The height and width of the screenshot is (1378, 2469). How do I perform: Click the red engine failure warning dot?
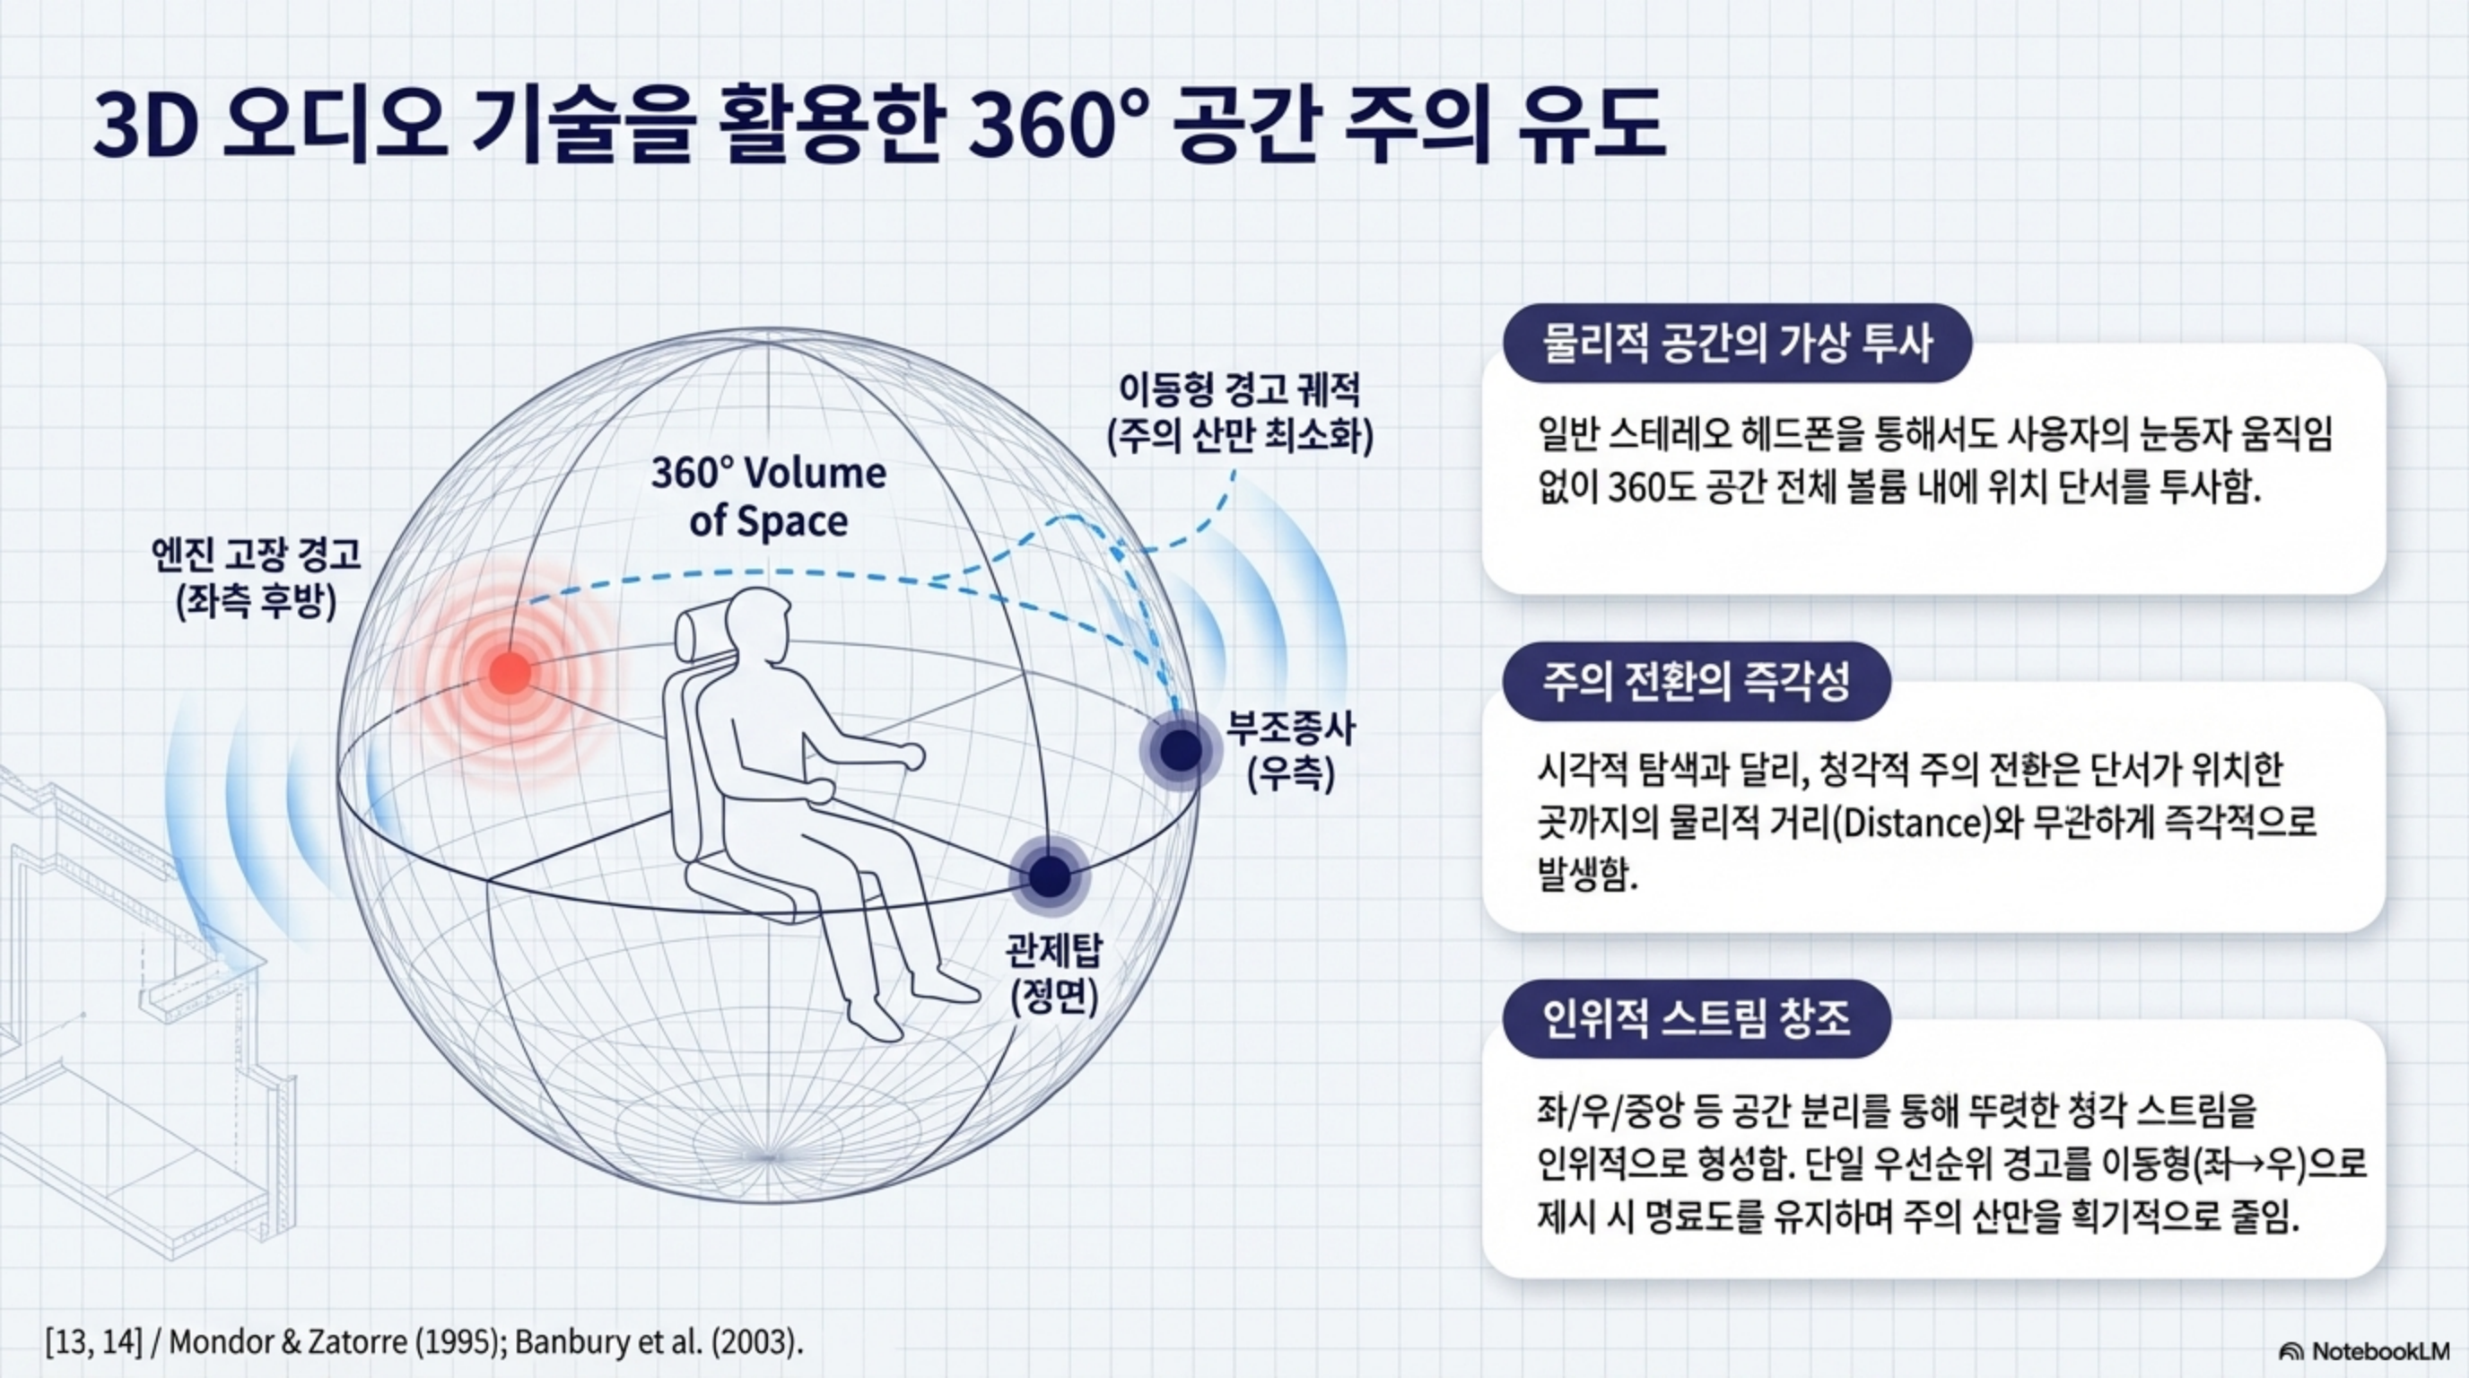509,672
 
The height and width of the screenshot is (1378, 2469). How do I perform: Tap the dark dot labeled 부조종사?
1181,749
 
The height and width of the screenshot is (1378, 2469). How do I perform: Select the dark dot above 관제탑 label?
1050,875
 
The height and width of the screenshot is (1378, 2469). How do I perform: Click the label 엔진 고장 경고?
256,554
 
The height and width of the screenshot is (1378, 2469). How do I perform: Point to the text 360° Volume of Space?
769,497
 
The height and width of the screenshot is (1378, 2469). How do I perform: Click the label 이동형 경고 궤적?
1240,390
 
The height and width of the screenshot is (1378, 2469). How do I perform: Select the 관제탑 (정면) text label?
1054,973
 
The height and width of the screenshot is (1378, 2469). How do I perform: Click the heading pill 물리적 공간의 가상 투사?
1737,343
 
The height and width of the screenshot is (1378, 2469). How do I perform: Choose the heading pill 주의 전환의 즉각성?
1697,681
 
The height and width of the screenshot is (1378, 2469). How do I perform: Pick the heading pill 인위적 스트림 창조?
1697,1018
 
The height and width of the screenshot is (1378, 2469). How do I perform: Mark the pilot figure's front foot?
943,986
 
